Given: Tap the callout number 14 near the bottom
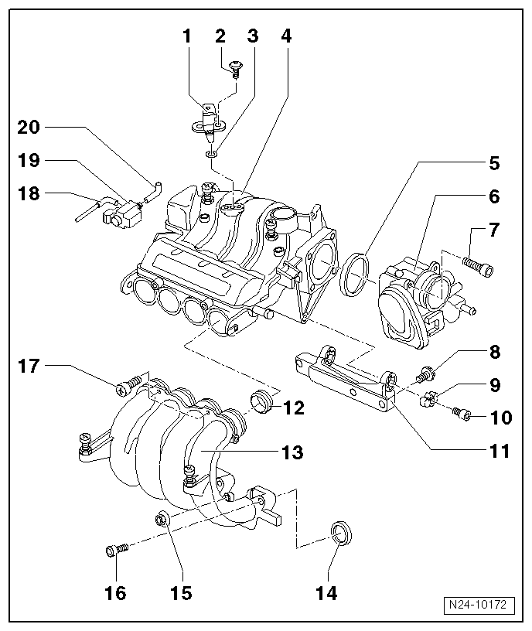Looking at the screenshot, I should click(x=327, y=593).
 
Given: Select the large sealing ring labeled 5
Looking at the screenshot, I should click(x=355, y=273).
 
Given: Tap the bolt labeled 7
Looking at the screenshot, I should click(x=479, y=266).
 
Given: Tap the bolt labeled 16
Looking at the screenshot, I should click(x=115, y=551).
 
